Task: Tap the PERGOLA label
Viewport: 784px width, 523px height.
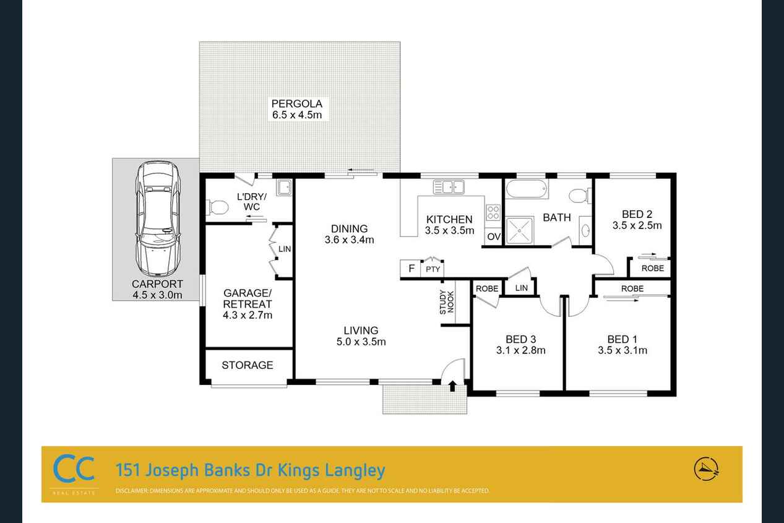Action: [x=297, y=103]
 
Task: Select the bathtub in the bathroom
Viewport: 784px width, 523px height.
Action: [x=527, y=189]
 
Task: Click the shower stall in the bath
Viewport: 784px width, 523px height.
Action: [x=520, y=231]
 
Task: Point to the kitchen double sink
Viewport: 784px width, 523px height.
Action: [x=449, y=187]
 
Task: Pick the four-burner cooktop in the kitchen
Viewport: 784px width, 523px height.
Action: [x=493, y=212]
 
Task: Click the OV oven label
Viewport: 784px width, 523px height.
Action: [x=494, y=237]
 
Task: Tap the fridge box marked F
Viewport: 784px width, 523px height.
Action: [x=411, y=269]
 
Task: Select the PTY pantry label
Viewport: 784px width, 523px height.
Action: [x=433, y=269]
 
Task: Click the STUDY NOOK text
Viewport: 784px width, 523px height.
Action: [x=447, y=302]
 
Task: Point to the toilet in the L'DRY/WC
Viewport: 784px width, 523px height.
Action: [x=217, y=208]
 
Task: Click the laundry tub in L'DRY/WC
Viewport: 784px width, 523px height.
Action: [x=284, y=188]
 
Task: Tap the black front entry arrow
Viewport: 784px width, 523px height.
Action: [x=452, y=386]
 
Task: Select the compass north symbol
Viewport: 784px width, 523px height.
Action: [x=706, y=469]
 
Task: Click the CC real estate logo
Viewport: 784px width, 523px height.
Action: [x=74, y=469]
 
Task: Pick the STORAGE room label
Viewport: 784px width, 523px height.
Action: [x=248, y=365]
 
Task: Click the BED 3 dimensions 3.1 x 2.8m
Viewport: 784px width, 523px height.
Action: [x=521, y=350]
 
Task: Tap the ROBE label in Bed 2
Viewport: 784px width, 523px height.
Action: [x=653, y=269]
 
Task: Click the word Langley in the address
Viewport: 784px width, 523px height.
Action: [x=355, y=470]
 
